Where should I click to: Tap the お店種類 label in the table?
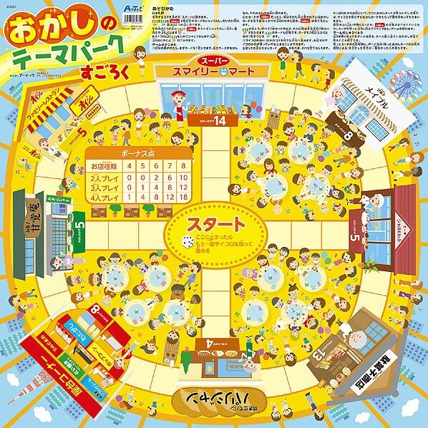point(105,167)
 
